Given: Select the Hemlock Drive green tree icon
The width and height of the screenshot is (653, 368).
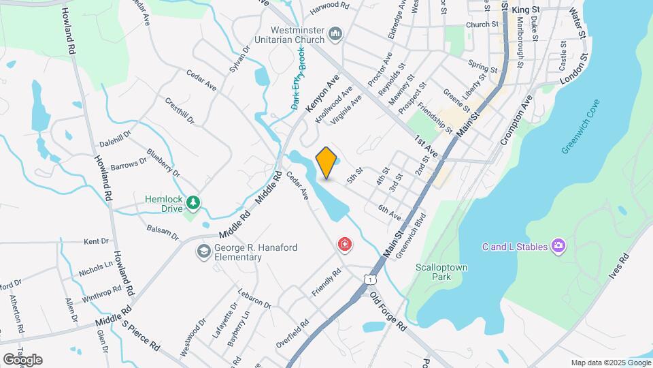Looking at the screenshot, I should tap(194, 202).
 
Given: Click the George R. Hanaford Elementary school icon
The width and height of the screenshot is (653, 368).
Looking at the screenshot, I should tap(203, 252).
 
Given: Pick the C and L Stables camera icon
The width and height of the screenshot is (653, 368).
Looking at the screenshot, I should tap(558, 245).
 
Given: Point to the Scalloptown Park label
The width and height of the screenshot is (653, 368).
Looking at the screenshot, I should tap(442, 273).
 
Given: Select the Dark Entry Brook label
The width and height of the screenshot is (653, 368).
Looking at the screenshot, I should tap(298, 78).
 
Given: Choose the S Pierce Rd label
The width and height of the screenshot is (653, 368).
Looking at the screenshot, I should tap(140, 335).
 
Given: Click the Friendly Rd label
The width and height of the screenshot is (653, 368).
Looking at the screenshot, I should tap(327, 282).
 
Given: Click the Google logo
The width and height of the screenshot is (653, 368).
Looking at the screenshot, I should tap(22, 359).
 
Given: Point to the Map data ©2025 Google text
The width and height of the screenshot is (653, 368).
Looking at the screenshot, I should tap(609, 363).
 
